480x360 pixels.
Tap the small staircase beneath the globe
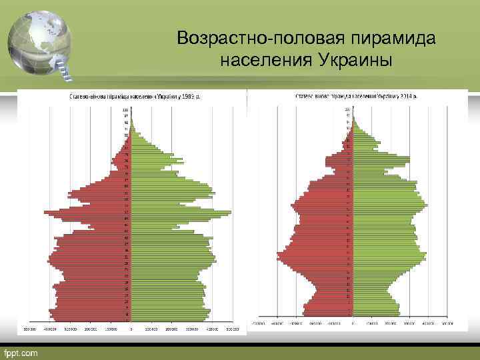[64, 67]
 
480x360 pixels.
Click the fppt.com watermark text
[21, 351]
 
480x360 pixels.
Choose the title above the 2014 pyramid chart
[349, 96]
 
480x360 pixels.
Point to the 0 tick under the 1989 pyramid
[131, 329]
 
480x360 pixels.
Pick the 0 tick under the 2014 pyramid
[353, 323]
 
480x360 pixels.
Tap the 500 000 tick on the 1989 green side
[233, 329]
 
